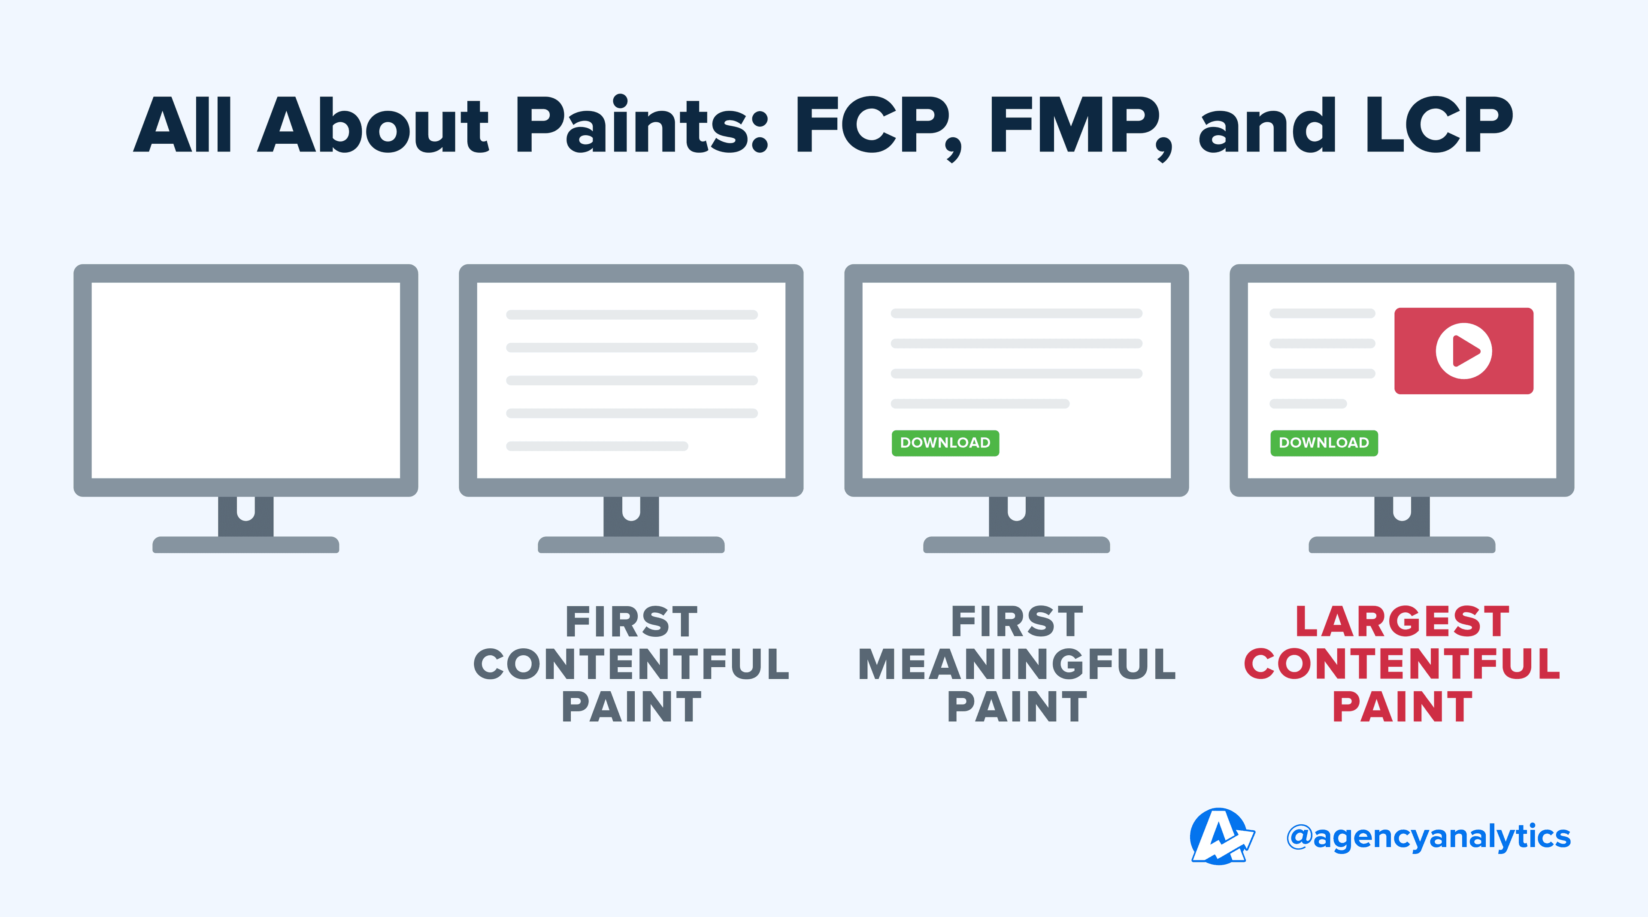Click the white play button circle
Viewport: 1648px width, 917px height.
(x=1464, y=351)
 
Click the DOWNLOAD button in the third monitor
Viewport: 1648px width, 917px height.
(x=945, y=442)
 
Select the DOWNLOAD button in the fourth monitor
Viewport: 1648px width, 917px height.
(x=1324, y=442)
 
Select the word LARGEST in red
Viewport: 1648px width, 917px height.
(x=1403, y=622)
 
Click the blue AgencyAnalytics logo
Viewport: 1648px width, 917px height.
(x=1221, y=836)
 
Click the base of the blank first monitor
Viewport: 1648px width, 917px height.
(x=245, y=545)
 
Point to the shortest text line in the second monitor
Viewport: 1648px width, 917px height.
(x=597, y=446)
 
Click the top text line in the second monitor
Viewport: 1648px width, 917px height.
(x=631, y=315)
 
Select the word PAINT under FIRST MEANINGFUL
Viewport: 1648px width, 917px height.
(x=1017, y=707)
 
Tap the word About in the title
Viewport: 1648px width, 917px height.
(x=373, y=126)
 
